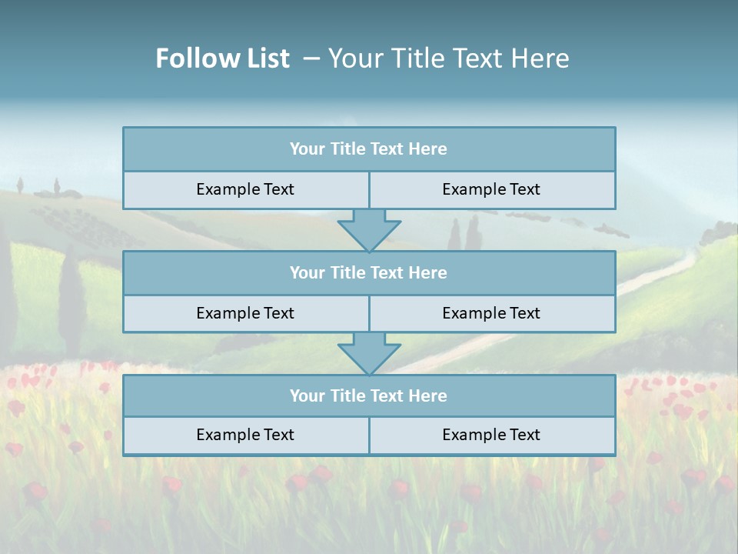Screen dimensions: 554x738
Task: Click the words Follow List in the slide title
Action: pos(222,58)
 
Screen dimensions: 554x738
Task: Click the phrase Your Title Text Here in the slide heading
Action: pos(448,58)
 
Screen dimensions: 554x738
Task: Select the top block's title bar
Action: pos(368,149)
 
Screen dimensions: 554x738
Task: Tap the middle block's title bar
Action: pos(368,273)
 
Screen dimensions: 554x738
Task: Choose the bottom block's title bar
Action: pos(368,396)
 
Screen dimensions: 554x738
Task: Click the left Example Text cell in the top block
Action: pos(245,190)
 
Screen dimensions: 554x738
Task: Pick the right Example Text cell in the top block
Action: pos(491,190)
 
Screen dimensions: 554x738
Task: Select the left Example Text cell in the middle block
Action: pos(245,314)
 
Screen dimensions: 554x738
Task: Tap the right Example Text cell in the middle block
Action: pos(491,314)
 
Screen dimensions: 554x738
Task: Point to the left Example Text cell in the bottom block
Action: pos(245,436)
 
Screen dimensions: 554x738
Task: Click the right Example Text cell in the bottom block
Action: pos(491,436)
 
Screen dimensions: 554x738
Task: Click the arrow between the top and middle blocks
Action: pos(369,230)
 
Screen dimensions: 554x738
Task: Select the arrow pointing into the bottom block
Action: pos(369,353)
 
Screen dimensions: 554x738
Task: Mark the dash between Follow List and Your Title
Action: pos(311,58)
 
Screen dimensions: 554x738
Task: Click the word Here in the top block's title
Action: pos(428,149)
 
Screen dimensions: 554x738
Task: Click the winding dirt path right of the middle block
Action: pos(653,277)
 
